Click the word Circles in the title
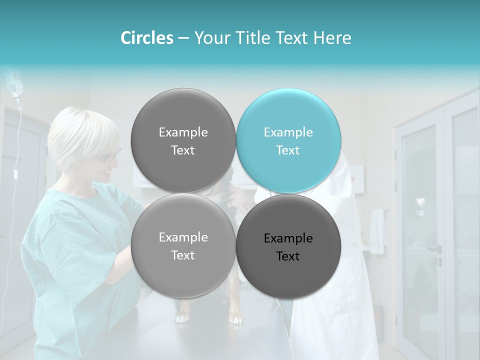pos(147,38)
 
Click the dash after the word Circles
pos(183,38)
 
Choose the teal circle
pos(288,140)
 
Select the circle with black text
pos(288,246)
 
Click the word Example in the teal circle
pos(288,132)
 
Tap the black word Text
pos(288,256)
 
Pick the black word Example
pos(288,238)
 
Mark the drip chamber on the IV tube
pos(16,174)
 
